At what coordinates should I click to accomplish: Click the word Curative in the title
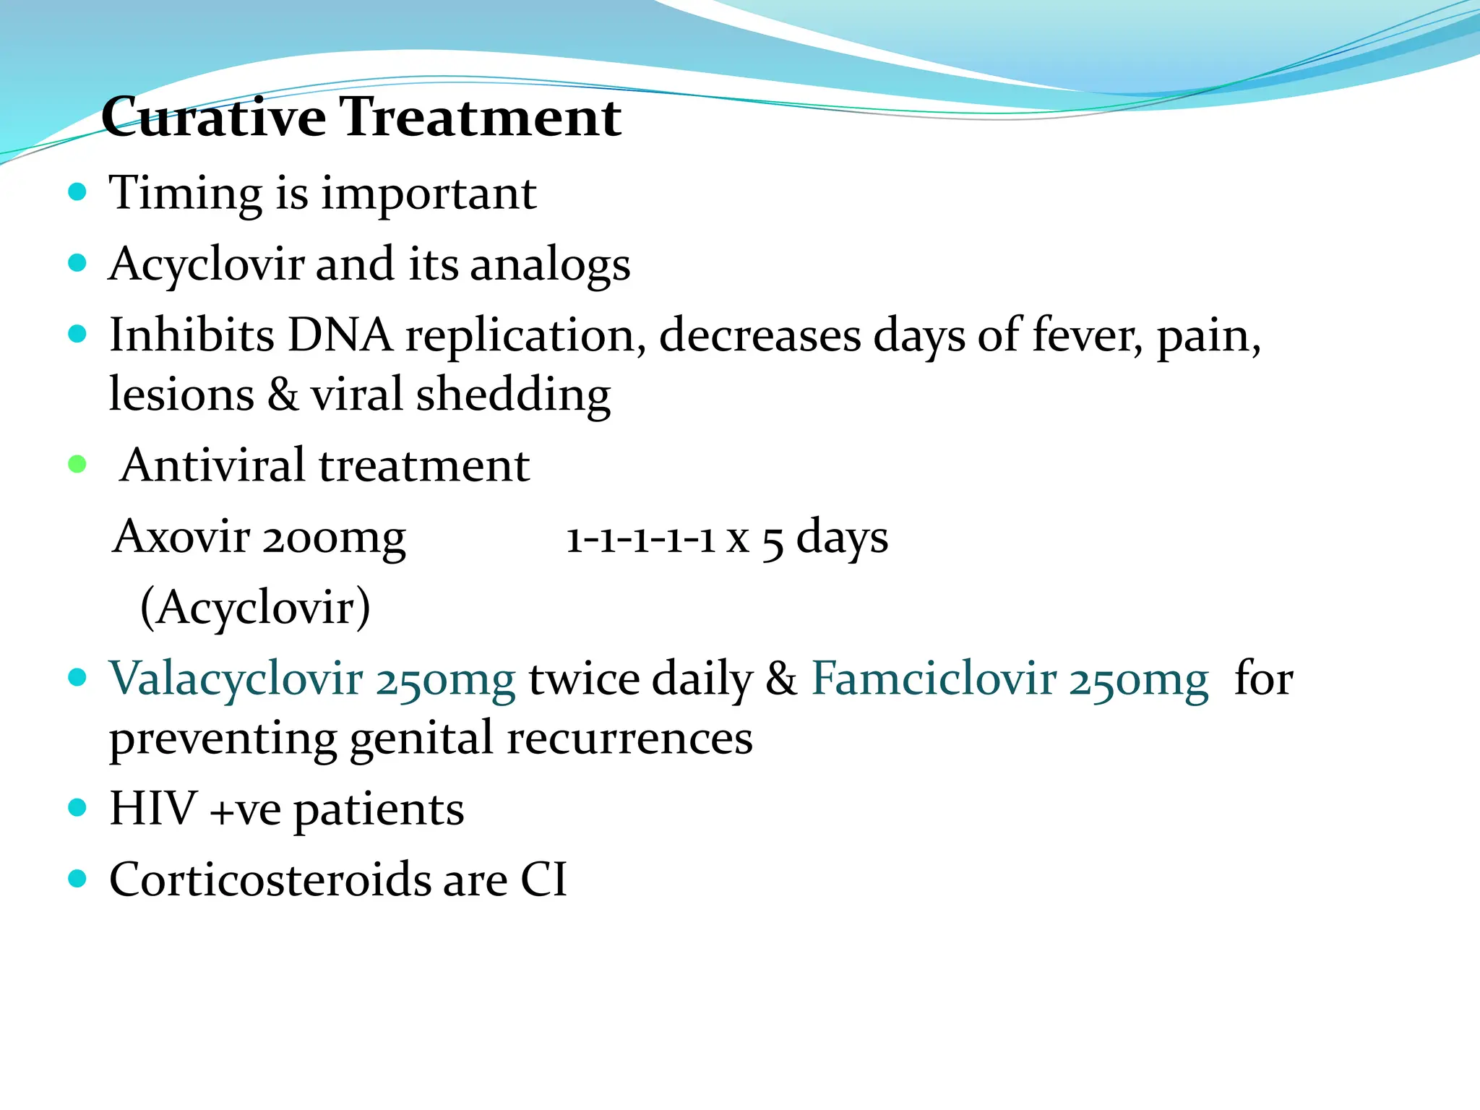coord(214,117)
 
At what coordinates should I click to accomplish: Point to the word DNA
coord(340,336)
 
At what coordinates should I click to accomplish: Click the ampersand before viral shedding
coord(283,395)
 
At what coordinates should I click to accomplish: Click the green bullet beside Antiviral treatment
coord(77,464)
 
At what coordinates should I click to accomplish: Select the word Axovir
coord(182,537)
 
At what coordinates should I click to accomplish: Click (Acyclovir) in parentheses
coord(255,608)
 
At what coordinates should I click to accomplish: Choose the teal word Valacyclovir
coord(236,679)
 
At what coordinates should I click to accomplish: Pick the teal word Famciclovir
coord(934,679)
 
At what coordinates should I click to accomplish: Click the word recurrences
coord(629,739)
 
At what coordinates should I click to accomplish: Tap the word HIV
coord(153,809)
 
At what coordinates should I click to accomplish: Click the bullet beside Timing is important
coord(77,192)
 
